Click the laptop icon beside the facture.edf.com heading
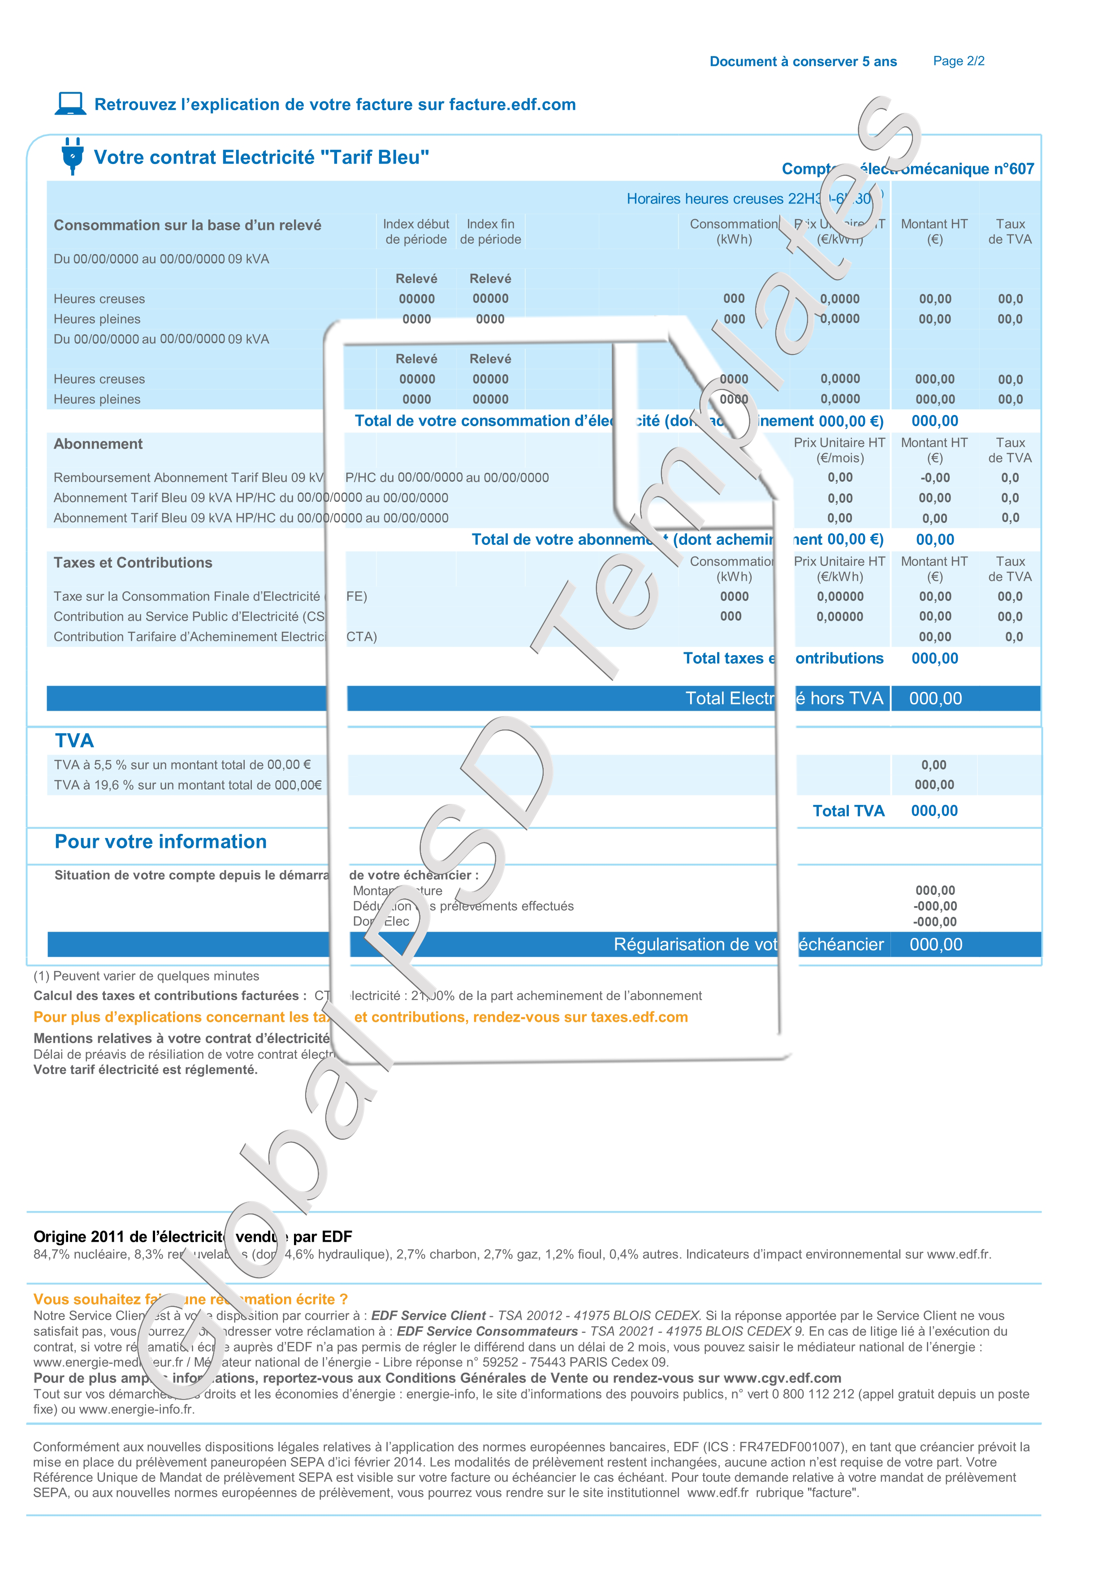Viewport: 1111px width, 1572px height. click(70, 104)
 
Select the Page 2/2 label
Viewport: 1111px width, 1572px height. click(958, 61)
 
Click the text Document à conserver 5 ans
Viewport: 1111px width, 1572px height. click(803, 62)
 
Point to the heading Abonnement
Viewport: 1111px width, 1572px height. click(98, 444)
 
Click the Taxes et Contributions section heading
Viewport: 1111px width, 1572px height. click(133, 563)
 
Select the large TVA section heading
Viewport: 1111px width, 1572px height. click(74, 740)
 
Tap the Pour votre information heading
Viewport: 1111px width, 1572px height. click(160, 842)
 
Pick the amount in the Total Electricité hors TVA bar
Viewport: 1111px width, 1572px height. click(935, 698)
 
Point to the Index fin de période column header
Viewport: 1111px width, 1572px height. click(490, 231)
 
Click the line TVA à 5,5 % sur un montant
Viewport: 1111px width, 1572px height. click(182, 765)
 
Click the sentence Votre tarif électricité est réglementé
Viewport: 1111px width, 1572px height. click(145, 1070)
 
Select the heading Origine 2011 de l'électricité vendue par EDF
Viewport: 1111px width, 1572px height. click(192, 1236)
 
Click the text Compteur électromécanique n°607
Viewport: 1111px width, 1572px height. click(908, 168)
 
